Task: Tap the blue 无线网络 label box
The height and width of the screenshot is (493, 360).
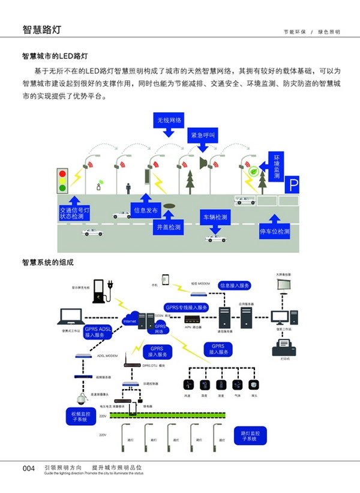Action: point(169,120)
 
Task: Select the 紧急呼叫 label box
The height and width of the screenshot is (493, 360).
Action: point(201,135)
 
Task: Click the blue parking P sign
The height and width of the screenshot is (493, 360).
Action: point(292,185)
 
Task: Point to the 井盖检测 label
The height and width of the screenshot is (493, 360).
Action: point(169,228)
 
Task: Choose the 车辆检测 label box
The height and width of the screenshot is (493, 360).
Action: point(214,217)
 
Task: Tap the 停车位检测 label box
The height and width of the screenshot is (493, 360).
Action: point(274,231)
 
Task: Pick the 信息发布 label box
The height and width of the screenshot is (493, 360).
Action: point(146,211)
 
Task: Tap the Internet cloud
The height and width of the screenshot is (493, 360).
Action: point(130,320)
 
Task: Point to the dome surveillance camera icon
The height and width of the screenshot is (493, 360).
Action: point(80,398)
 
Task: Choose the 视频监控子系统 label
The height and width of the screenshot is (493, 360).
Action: point(80,417)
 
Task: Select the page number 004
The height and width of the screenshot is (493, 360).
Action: point(30,468)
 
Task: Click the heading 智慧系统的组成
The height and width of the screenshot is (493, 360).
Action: point(47,262)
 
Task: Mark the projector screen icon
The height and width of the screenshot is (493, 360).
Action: point(284,284)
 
